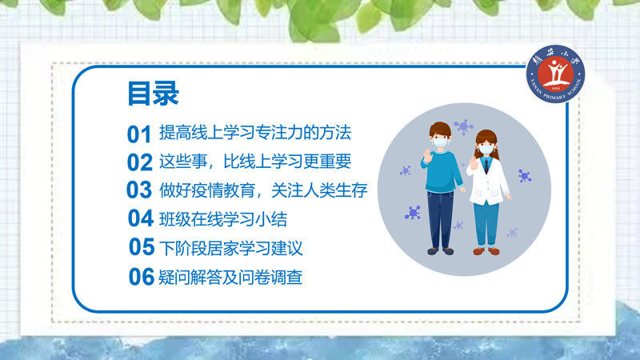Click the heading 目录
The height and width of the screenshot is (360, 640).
click(x=153, y=94)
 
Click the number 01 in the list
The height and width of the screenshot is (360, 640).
click(x=139, y=134)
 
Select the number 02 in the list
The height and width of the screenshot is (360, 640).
click(x=139, y=162)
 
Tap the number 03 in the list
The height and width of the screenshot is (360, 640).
click(x=139, y=190)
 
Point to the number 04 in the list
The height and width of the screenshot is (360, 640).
click(x=141, y=218)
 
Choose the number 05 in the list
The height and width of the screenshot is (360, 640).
click(x=142, y=247)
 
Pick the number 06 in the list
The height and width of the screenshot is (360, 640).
click(x=142, y=277)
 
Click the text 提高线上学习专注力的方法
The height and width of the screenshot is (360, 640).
click(x=255, y=133)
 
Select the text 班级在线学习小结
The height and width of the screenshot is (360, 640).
click(x=223, y=219)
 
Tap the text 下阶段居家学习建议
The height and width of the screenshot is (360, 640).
click(x=230, y=248)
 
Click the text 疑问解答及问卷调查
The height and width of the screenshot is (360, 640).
click(x=230, y=278)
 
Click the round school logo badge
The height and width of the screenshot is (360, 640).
click(x=555, y=74)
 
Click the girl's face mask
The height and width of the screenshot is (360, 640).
click(x=486, y=149)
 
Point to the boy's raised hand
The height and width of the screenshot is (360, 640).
click(x=427, y=156)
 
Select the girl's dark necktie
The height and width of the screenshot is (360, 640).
click(x=486, y=166)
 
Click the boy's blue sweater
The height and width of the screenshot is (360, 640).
click(x=442, y=172)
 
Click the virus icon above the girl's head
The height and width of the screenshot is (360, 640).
click(x=463, y=127)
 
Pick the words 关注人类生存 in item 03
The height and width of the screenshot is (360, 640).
click(x=319, y=190)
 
